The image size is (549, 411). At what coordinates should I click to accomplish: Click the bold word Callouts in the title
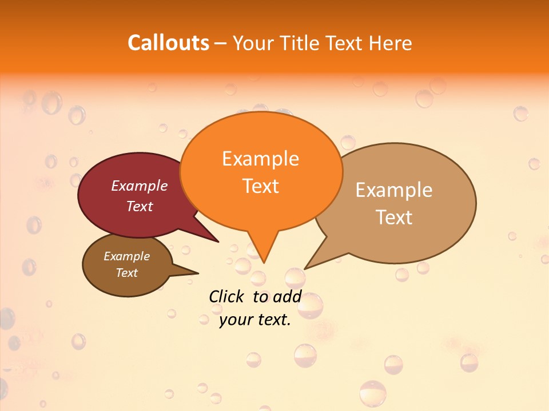[168, 43]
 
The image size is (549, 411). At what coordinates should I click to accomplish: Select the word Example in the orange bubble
[260, 159]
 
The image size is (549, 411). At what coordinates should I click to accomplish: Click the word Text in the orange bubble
[260, 186]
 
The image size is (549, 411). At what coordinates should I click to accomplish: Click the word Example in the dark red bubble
[140, 186]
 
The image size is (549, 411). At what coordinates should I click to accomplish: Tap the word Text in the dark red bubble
[140, 207]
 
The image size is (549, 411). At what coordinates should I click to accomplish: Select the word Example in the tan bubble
[394, 190]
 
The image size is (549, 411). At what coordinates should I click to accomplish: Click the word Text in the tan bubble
[394, 217]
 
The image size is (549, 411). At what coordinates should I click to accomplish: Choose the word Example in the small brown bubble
[126, 257]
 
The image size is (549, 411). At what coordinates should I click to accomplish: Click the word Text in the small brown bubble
[126, 273]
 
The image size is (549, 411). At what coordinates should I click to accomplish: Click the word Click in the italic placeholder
[226, 297]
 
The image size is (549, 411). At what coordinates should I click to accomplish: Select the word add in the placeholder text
[287, 297]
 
